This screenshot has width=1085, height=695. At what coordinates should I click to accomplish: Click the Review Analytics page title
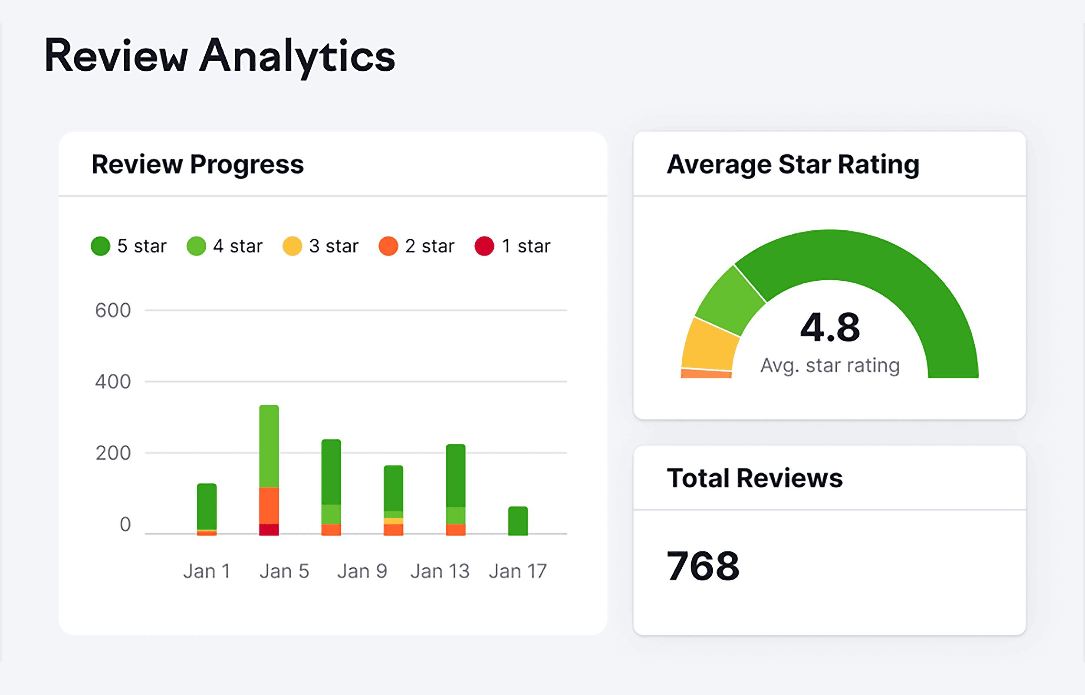(220, 56)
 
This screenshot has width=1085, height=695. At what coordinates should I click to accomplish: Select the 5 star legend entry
(128, 246)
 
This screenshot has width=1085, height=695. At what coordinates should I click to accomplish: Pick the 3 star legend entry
(320, 246)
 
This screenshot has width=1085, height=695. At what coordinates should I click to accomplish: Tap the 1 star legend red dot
(484, 246)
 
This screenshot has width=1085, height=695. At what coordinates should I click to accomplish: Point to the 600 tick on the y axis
(113, 311)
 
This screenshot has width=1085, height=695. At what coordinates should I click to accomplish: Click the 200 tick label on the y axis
(113, 453)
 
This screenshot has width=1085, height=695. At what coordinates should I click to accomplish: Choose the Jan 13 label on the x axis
(440, 571)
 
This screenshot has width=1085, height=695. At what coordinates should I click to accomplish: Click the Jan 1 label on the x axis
(207, 571)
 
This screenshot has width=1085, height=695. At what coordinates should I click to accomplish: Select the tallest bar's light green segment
(269, 446)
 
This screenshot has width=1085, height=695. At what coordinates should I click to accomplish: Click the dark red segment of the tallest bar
(269, 529)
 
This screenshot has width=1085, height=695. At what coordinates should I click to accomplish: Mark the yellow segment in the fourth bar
(394, 521)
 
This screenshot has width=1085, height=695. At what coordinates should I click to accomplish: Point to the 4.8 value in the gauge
(830, 327)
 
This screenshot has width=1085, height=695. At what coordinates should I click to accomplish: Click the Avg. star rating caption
(830, 365)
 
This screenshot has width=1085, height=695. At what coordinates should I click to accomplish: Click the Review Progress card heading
(197, 164)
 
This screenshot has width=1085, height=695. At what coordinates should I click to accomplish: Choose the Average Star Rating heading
(793, 164)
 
